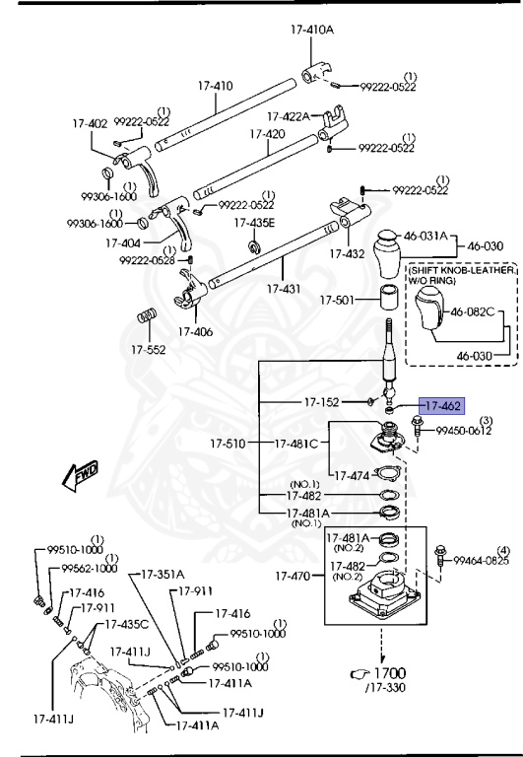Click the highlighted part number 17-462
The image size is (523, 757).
[440, 405]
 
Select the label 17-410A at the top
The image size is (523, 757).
[312, 30]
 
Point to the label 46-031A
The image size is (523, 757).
[425, 237]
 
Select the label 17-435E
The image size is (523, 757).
[255, 223]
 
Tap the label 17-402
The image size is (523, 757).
[89, 124]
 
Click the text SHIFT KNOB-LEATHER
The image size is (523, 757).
[461, 269]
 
